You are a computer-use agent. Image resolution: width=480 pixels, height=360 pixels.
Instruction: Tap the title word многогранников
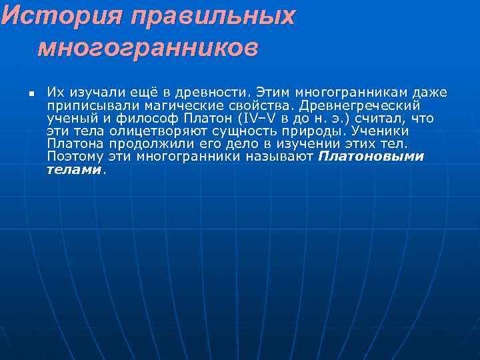pos(147,47)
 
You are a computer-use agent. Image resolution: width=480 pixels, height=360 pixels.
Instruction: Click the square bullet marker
pos(31,93)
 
